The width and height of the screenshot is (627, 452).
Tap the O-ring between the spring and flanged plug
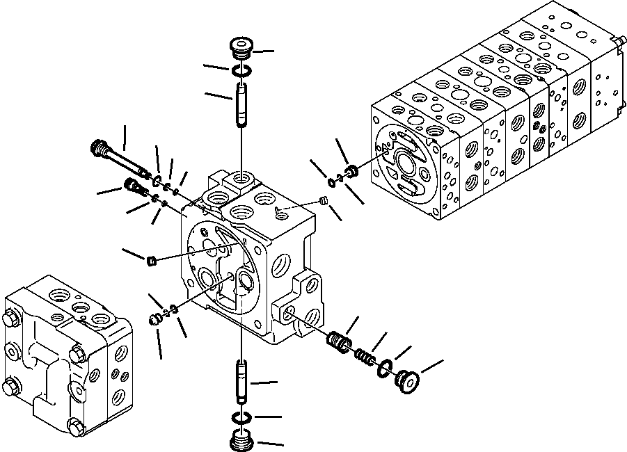coord(385,368)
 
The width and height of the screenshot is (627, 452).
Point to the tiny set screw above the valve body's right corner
coord(322,202)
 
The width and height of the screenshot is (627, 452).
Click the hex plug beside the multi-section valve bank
coord(352,170)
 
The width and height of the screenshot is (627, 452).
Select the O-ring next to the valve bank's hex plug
coord(332,182)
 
